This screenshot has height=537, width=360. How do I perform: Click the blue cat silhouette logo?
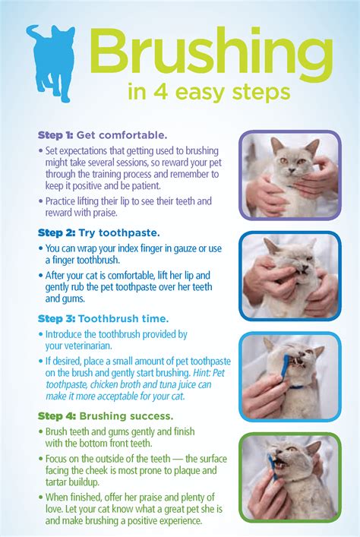[x=52, y=62]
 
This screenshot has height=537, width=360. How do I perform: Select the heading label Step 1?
[x=55, y=135]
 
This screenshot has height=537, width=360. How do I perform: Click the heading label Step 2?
[x=56, y=233]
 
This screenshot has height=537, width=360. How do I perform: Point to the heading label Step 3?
[x=56, y=319]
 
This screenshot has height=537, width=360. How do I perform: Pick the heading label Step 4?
[x=57, y=416]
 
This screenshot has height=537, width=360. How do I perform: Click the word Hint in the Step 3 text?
[x=201, y=372]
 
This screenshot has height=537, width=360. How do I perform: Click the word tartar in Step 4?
[x=57, y=482]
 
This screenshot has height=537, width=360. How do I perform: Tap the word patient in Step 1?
[x=145, y=186]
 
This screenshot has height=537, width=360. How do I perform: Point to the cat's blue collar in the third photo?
[x=296, y=387]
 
